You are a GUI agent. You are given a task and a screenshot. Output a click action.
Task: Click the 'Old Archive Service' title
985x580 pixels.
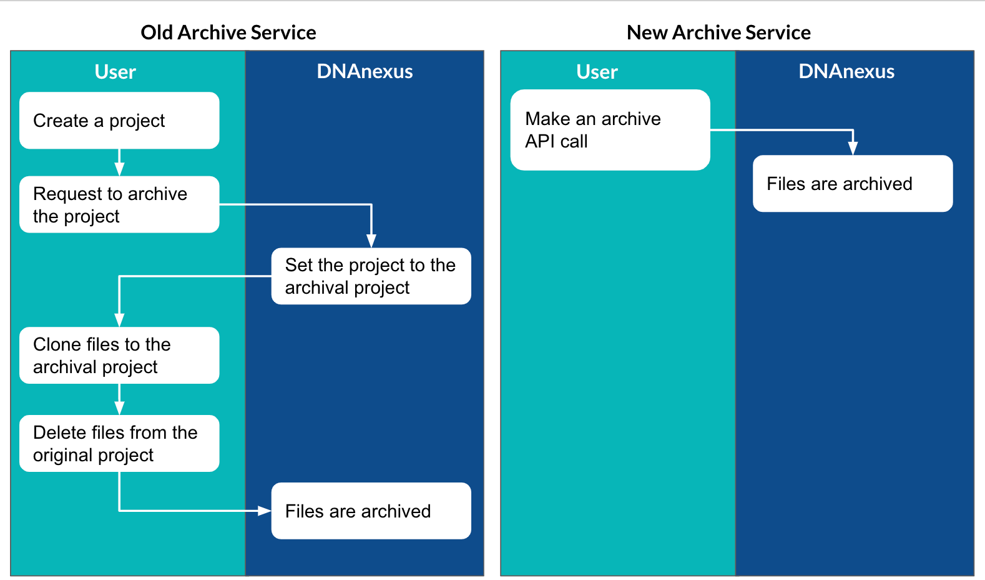click(x=228, y=32)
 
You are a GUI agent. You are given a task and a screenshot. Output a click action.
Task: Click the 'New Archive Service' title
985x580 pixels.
click(x=718, y=32)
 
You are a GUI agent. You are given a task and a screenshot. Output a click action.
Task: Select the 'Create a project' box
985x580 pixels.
click(x=119, y=120)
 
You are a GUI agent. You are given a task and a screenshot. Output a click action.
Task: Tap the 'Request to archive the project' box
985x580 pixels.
click(x=119, y=204)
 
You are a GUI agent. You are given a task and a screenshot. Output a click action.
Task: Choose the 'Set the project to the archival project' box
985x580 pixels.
click(x=371, y=276)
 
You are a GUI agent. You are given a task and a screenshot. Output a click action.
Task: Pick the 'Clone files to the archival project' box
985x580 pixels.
click(x=119, y=356)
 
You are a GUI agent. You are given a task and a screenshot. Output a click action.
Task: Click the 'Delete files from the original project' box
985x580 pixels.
click(x=119, y=444)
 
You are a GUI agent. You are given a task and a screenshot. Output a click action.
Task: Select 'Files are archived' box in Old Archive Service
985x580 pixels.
click(x=371, y=511)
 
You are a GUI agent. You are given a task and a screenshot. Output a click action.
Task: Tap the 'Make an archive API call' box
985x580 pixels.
click(x=610, y=130)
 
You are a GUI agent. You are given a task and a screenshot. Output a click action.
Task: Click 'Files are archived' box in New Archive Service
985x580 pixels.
click(x=853, y=184)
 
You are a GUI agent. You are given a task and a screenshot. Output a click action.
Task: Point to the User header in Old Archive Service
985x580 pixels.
click(x=115, y=71)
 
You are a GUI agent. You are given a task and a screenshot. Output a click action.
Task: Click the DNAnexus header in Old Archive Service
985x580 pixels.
click(x=365, y=71)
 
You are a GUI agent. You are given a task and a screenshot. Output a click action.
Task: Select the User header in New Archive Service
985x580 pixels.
click(x=597, y=71)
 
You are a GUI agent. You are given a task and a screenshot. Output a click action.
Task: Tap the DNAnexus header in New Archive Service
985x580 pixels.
click(x=846, y=71)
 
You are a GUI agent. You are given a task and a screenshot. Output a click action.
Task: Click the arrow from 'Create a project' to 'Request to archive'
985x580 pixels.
click(x=119, y=162)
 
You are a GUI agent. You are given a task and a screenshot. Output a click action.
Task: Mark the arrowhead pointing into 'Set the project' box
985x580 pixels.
click(x=371, y=241)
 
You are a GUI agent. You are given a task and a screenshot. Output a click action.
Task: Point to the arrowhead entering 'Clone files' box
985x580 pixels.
click(x=119, y=320)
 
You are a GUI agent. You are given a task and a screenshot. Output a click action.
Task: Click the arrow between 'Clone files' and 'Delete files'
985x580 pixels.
click(x=119, y=399)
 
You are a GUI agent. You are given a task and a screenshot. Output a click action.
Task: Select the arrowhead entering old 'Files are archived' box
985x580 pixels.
click(x=264, y=511)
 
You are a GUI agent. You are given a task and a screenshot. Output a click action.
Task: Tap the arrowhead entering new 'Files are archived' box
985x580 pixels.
click(x=853, y=148)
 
